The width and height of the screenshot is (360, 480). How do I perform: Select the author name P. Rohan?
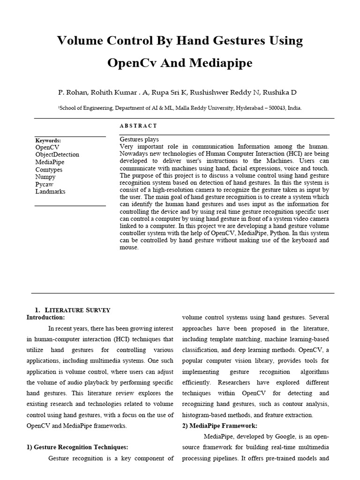click(x=73, y=92)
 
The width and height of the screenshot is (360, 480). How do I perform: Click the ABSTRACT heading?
click(x=138, y=126)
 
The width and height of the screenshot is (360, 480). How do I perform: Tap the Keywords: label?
click(x=48, y=140)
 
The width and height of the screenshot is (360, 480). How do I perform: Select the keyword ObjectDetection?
click(x=57, y=155)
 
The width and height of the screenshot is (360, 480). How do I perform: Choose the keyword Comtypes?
click(x=49, y=170)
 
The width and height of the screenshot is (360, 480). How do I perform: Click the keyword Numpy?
click(x=45, y=177)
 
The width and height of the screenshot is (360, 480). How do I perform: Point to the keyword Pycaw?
click(x=45, y=184)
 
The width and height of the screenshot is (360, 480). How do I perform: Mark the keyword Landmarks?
click(x=50, y=192)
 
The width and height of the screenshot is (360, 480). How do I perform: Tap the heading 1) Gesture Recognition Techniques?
click(x=77, y=447)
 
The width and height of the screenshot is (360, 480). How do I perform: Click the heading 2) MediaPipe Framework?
click(x=219, y=426)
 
